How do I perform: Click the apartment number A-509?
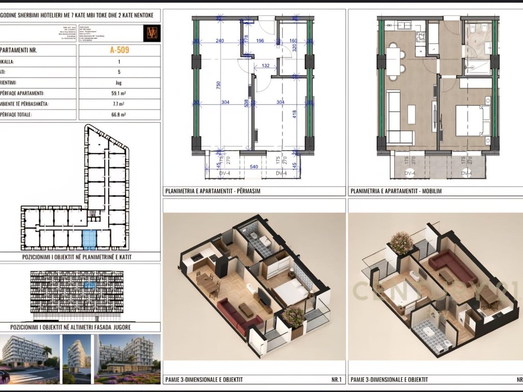point(119,51)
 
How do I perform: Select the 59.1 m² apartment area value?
point(119,93)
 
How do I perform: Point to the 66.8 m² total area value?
point(119,115)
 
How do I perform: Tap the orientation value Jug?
point(119,83)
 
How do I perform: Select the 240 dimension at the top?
point(220,41)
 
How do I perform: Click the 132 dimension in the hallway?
point(266,66)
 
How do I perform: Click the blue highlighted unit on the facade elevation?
point(90,284)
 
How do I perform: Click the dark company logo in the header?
point(152,33)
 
